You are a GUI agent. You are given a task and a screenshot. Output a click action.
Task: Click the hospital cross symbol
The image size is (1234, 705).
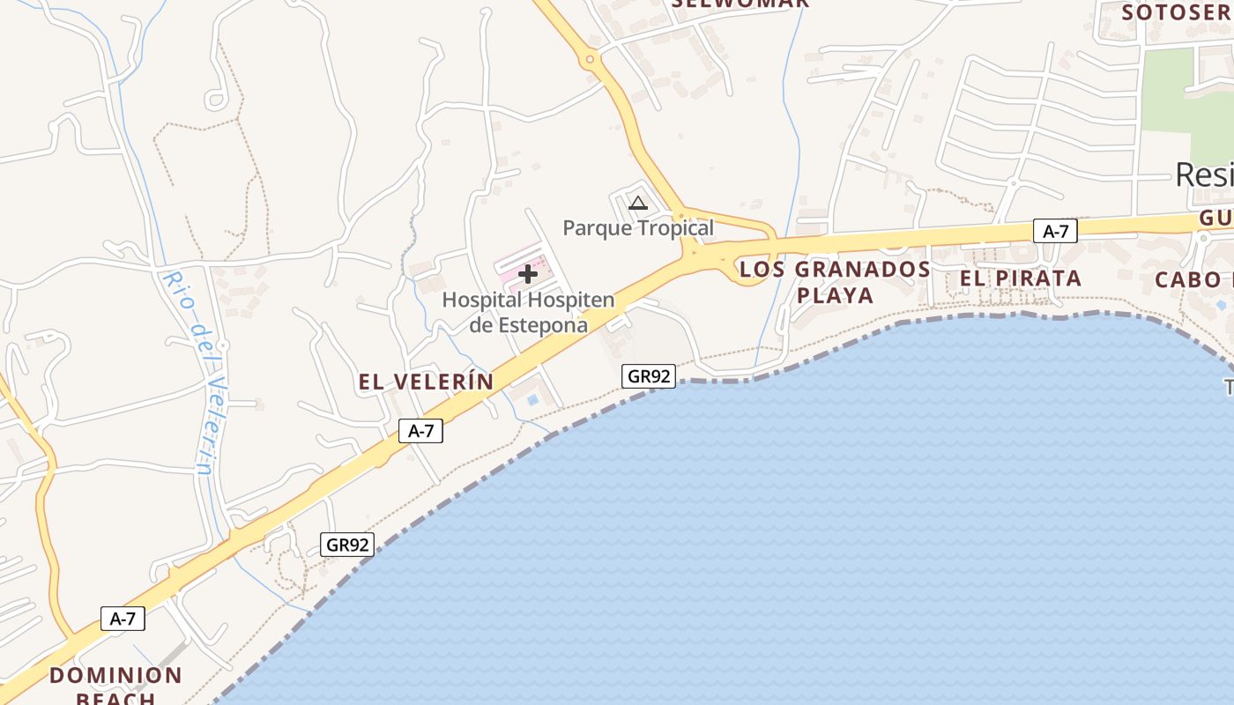point(528,274)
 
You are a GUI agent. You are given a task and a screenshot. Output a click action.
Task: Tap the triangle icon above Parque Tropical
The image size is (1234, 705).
point(638,204)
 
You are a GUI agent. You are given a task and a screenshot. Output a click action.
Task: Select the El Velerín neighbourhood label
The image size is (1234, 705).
point(426,382)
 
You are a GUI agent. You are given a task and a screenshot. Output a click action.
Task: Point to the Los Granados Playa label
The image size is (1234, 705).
point(835,282)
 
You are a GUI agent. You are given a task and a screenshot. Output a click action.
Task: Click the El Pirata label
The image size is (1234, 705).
point(1021,278)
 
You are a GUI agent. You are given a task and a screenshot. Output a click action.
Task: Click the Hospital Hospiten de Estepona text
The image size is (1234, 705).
point(528,312)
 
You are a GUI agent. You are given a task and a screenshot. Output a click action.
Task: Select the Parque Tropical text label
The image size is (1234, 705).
point(638,228)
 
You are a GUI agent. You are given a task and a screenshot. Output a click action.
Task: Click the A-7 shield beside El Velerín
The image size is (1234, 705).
point(420,431)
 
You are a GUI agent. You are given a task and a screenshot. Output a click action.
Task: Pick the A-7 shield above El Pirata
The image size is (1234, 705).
point(1055,232)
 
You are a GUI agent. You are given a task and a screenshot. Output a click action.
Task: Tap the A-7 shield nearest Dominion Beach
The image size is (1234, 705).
point(123,619)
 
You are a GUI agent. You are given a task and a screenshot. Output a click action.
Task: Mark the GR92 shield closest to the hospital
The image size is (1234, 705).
point(648,376)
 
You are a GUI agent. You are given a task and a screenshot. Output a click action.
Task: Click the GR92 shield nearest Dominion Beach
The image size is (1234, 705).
point(347,545)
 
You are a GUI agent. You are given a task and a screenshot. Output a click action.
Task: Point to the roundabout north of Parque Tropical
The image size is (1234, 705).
point(589,61)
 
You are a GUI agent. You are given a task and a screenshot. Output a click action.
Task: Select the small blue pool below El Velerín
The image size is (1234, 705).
point(532,400)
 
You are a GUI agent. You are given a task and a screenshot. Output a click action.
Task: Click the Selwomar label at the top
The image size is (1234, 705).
point(740,4)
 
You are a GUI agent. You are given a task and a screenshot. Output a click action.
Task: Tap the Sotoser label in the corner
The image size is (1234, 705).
point(1176,12)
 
